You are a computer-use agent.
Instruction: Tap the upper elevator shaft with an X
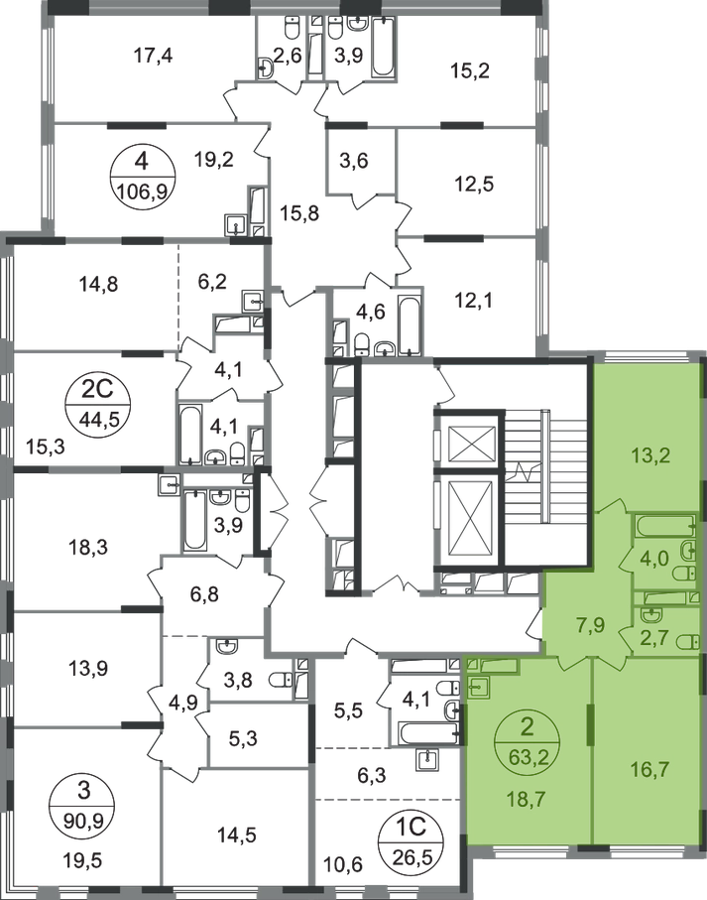point(463,442)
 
